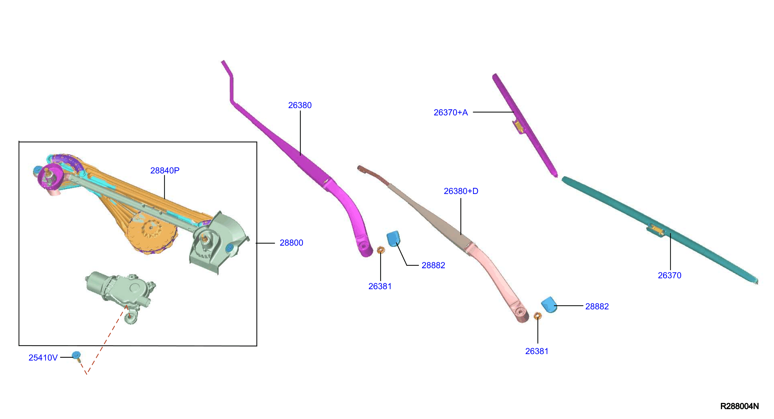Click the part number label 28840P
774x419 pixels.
point(165,171)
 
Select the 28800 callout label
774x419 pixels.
point(291,243)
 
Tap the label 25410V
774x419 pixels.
point(43,358)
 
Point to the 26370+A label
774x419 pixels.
point(451,112)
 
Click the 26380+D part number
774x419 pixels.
point(461,191)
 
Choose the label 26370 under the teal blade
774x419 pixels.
point(670,275)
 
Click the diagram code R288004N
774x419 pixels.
point(740,406)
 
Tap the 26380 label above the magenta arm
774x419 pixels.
point(300,105)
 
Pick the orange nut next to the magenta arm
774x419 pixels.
point(381,250)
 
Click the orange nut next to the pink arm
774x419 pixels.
point(537,316)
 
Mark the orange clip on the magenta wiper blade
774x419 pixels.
point(519,126)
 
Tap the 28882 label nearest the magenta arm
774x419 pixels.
point(433,265)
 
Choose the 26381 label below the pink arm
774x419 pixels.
point(537,351)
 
